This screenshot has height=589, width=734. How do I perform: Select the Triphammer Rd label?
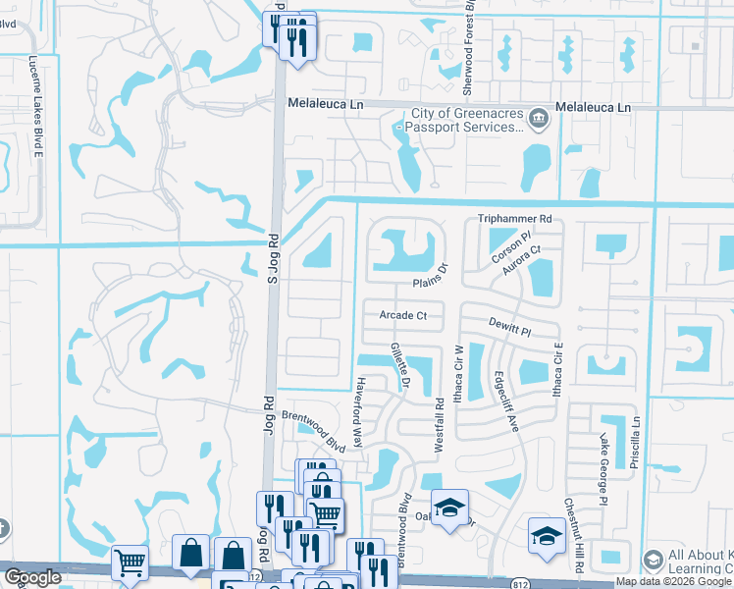515,219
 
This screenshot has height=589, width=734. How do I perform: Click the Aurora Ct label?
522,262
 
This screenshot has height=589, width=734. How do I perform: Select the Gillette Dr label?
398,366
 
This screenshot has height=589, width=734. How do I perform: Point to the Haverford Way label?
359,412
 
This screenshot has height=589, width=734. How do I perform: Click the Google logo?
32,577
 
